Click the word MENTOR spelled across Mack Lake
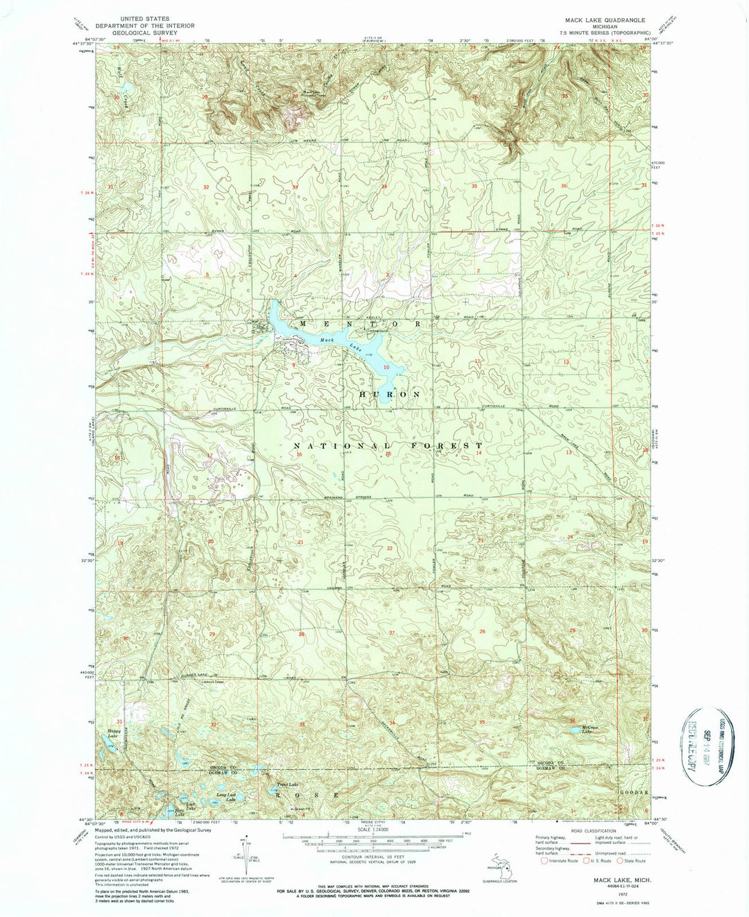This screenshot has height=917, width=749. tap(359, 325)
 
